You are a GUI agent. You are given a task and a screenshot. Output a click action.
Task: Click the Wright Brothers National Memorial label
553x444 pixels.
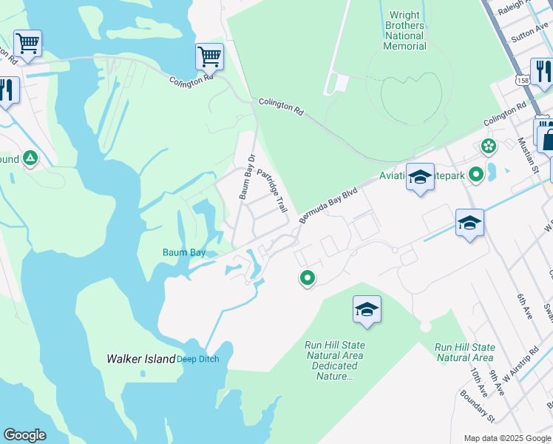404,30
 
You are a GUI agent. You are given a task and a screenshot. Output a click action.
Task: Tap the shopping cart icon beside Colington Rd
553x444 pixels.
209,56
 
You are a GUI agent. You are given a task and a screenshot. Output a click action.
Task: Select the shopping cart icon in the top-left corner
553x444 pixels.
27,43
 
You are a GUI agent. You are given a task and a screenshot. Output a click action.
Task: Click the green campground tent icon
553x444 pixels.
30,158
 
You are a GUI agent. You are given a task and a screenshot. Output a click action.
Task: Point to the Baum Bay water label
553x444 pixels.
184,252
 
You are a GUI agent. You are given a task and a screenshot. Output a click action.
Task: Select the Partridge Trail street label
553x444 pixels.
271,191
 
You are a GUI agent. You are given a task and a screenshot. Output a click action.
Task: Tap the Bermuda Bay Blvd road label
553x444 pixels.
328,204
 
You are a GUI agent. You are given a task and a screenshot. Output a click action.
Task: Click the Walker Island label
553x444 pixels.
140,359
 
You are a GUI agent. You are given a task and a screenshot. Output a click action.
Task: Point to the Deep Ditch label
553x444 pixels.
197,360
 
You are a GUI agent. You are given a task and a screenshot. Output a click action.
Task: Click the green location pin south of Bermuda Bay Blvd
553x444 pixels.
307,278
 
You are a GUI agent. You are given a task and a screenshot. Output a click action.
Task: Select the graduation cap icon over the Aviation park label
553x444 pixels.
420,178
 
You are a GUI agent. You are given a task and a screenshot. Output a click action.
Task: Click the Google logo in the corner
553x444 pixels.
24,435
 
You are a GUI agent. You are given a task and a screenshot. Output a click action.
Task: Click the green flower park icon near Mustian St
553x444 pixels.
488,146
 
